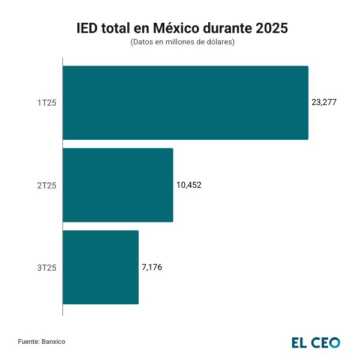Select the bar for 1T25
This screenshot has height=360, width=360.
click(185, 103)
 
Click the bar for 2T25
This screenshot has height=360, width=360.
click(118, 185)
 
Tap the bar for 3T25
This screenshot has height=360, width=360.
click(100, 267)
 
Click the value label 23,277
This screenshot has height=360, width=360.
click(324, 103)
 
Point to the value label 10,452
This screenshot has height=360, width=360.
click(189, 185)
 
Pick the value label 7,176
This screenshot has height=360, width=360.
click(152, 267)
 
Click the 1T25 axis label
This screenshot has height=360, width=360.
click(47, 103)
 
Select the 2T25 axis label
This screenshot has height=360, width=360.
click(47, 185)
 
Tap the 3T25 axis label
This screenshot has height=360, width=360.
click(47, 268)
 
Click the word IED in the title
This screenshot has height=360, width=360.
click(88, 28)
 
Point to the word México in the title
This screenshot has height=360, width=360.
click(176, 28)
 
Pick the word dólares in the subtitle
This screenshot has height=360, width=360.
click(218, 43)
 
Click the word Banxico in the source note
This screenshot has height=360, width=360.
click(53, 341)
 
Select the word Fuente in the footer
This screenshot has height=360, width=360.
click(28, 341)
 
